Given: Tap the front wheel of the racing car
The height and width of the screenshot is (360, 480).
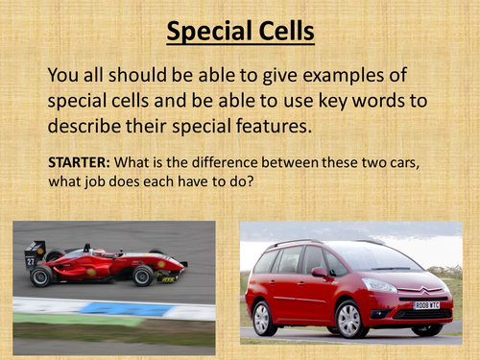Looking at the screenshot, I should (144, 276).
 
